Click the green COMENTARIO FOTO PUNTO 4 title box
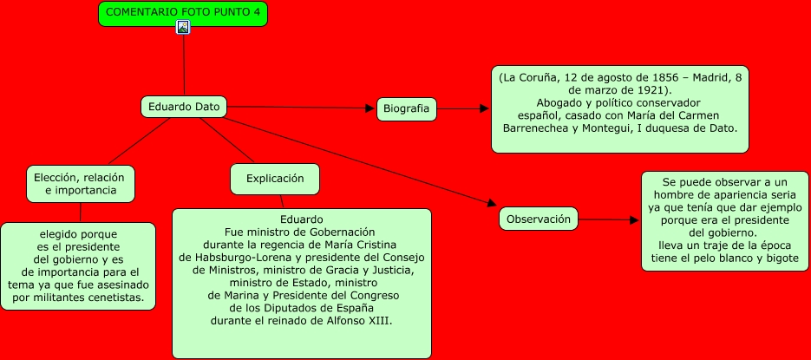click(x=183, y=12)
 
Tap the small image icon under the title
click(x=183, y=27)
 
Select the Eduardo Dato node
click(x=184, y=107)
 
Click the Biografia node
click(x=407, y=109)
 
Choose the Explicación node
click(x=275, y=179)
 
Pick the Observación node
click(x=539, y=219)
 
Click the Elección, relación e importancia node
click(x=80, y=183)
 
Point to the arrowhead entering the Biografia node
click(x=370, y=108)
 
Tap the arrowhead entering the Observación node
click(x=492, y=206)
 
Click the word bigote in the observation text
click(x=780, y=258)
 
